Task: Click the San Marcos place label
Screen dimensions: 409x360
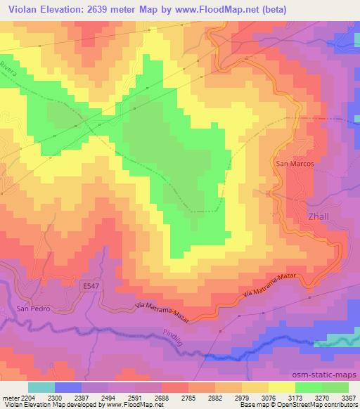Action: tap(293, 164)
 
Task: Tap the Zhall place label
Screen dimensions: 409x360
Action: tap(319, 218)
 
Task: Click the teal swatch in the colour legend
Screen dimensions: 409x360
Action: tap(41, 387)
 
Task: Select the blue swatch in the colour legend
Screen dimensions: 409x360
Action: tap(68, 387)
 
